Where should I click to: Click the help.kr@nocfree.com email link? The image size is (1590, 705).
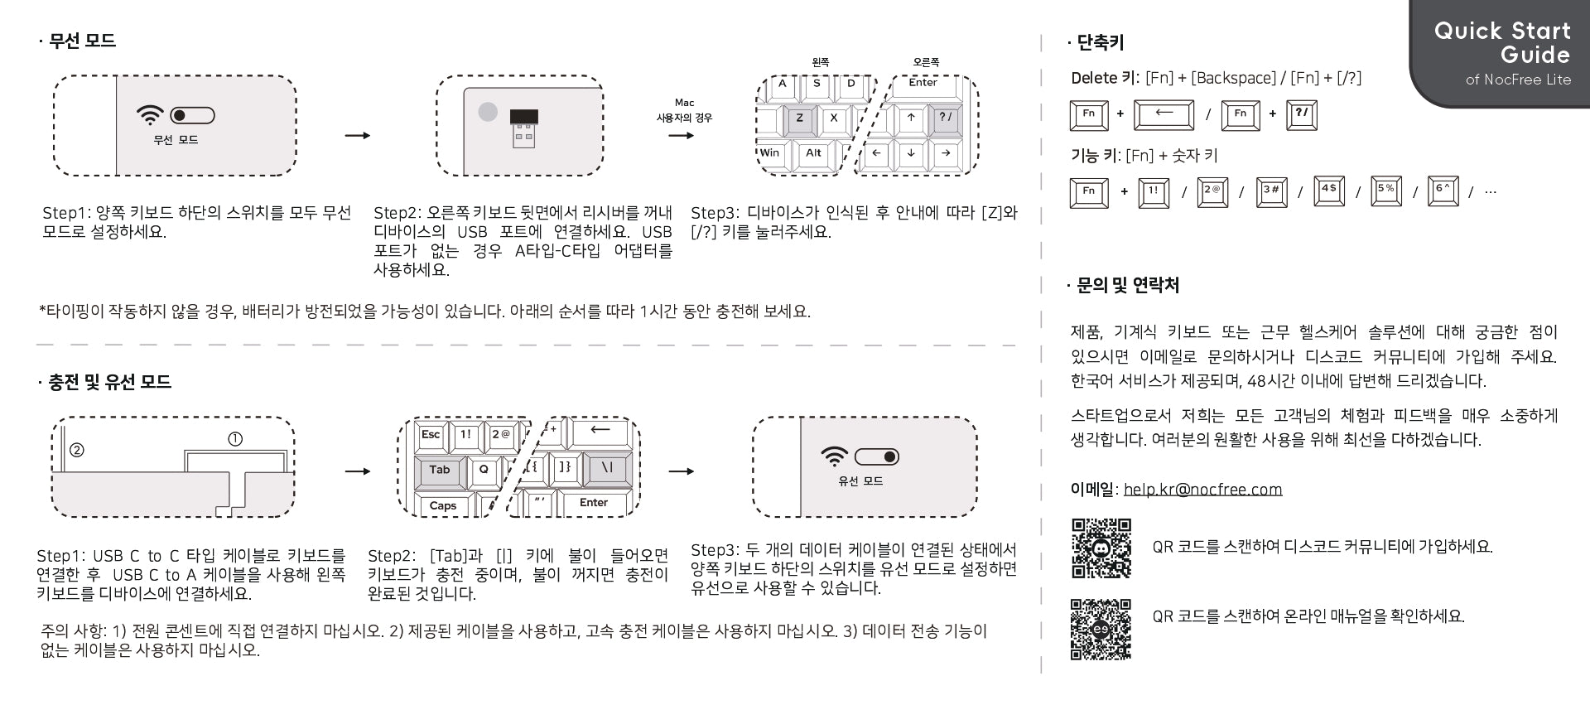1202,490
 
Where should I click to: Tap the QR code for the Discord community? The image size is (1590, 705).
1101,548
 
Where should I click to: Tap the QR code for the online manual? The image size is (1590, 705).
1101,630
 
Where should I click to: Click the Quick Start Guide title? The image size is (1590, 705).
1502,43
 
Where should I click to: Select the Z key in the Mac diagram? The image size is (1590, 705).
799,118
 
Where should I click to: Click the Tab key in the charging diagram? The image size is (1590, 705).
439,470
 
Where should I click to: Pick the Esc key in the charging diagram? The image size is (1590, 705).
431,435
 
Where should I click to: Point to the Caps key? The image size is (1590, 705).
443,505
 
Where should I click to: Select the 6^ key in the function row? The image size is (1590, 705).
1443,191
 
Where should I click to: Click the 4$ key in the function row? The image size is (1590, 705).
1328,191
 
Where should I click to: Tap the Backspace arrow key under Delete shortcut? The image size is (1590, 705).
1164,114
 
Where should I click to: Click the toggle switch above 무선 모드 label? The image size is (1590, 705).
192,115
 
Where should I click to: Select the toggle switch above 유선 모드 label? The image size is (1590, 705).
877,456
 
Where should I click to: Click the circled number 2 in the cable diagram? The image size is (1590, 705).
77,450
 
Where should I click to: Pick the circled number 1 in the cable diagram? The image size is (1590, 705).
235,439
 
